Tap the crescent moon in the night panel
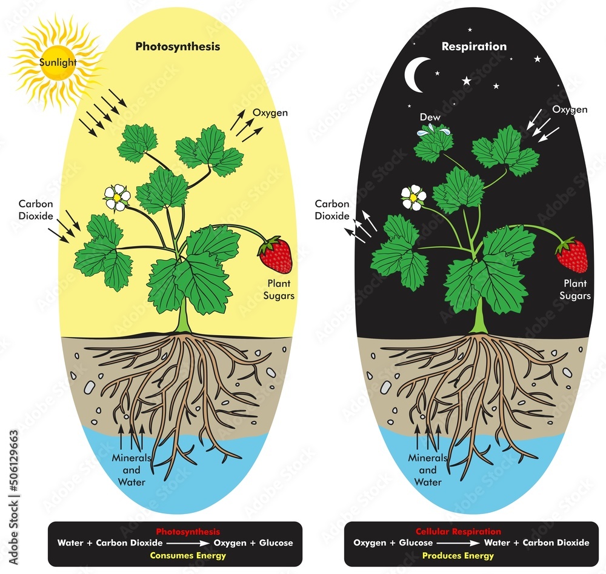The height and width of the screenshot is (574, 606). coord(418,75)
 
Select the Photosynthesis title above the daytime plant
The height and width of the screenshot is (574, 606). coord(178,46)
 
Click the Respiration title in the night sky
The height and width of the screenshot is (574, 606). coord(474,46)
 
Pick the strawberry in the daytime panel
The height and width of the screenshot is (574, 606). coord(276,255)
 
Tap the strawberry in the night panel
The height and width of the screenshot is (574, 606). coord(572,255)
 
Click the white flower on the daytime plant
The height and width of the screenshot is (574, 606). coord(117,196)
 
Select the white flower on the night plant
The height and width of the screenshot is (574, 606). coord(413,197)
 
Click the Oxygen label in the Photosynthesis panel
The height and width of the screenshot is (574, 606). coord(270,113)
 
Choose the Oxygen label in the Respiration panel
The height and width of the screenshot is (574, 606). coord(570,110)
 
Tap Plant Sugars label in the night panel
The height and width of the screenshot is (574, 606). coord(576,289)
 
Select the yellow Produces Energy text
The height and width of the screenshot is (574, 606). coord(467,555)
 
